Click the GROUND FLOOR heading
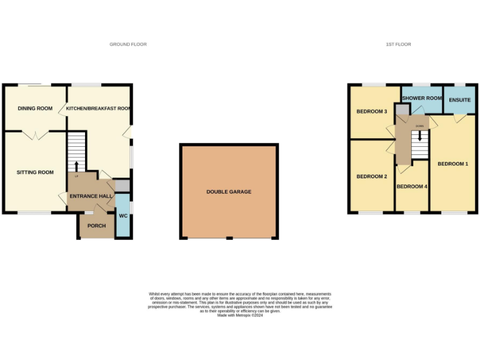click(128, 44)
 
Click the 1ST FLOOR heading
click(398, 44)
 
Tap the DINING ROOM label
click(35, 109)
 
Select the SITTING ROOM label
click(35, 172)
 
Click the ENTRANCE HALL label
click(91, 196)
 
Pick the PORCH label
click(96, 226)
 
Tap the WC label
click(123, 216)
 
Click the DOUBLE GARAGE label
click(229, 192)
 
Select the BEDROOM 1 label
click(452, 164)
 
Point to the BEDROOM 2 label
click(372, 176)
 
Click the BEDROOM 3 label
click(372, 112)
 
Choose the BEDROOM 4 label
click(412, 187)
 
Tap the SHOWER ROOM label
click(422, 98)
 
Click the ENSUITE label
click(459, 99)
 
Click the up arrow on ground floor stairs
click(77, 166)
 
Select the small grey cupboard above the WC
click(122, 186)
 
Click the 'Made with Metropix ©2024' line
click(240, 315)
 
